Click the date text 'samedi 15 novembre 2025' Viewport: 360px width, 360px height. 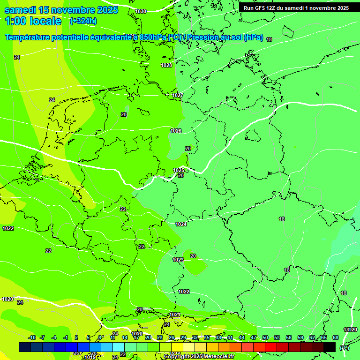click(x=61, y=10)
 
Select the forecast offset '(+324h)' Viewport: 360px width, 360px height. click(x=83, y=21)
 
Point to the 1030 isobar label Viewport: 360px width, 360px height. click(x=141, y=11)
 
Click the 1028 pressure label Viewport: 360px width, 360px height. click(x=166, y=65)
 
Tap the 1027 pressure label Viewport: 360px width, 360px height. click(x=177, y=95)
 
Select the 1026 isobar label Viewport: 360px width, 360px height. click(x=176, y=131)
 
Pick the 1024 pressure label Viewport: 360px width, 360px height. click(x=181, y=224)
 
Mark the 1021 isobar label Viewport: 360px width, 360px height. click(x=175, y=315)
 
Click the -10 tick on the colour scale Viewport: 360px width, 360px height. click(x=32, y=337)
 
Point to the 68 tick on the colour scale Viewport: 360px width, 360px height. click(x=335, y=337)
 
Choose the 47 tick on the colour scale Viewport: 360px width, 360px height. click(x=254, y=337)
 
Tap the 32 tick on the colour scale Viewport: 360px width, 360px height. click(x=195, y=337)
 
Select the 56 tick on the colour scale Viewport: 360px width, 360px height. click(x=289, y=337)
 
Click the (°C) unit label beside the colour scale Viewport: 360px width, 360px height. click(x=344, y=347)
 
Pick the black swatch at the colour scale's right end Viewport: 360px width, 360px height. click(x=330, y=347)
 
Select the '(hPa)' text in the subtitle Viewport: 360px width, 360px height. click(x=253, y=37)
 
